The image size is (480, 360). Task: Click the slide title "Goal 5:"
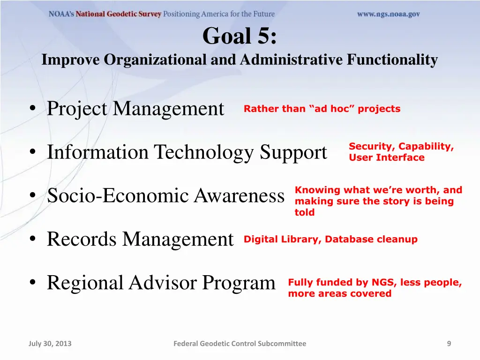pyautogui.click(x=240, y=36)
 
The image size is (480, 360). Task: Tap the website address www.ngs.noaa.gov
pyautogui.click(x=388, y=14)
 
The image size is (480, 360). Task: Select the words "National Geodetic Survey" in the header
pyautogui.click(x=119, y=14)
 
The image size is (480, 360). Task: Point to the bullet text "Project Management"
pyautogui.click(x=135, y=109)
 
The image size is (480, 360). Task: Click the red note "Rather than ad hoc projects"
pyautogui.click(x=322, y=109)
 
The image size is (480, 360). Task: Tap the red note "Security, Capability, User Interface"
pyautogui.click(x=401, y=152)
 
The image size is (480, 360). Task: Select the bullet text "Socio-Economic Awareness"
pyautogui.click(x=165, y=195)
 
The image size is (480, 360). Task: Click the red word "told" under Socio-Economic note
pyautogui.click(x=305, y=212)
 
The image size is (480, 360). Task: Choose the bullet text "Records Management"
pyautogui.click(x=140, y=239)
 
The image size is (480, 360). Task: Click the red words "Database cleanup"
pyautogui.click(x=371, y=239)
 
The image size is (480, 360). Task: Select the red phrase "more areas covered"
pyautogui.click(x=339, y=293)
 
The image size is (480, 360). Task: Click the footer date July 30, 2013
pyautogui.click(x=50, y=344)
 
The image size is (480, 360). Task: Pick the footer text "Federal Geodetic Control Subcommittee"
pyautogui.click(x=240, y=344)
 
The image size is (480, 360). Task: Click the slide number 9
pyautogui.click(x=449, y=344)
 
